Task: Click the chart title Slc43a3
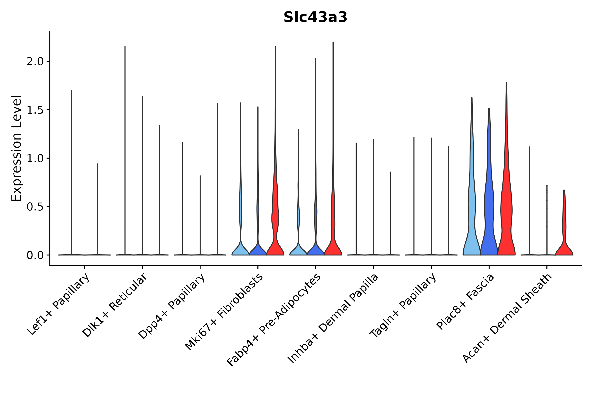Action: click(315, 17)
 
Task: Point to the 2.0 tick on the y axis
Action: click(35, 62)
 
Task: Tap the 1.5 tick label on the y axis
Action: click(35, 110)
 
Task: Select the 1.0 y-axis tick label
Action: click(35, 158)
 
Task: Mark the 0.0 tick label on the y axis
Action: click(35, 255)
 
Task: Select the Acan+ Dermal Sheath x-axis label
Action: click(507, 318)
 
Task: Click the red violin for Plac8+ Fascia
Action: click(506, 214)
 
